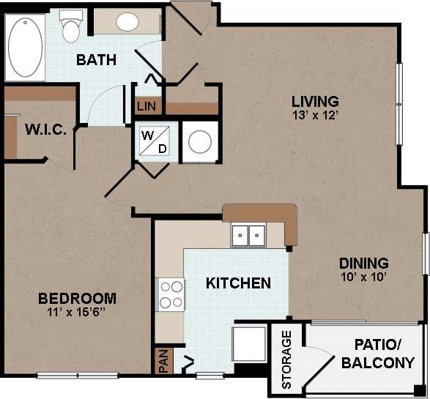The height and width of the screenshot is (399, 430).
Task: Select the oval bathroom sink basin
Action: coord(128,22)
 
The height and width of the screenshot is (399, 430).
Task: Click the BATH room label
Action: coord(97,60)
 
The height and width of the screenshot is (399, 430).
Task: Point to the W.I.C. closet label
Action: coord(46,130)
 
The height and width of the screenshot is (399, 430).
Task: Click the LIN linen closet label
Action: coord(144,106)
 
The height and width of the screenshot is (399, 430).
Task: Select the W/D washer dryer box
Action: coord(155,141)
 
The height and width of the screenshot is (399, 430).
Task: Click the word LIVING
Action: coord(315,101)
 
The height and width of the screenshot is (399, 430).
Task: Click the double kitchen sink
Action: coord(248,236)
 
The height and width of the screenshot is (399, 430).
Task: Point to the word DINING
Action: coord(363,264)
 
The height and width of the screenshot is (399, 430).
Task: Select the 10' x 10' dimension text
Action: coord(363,277)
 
